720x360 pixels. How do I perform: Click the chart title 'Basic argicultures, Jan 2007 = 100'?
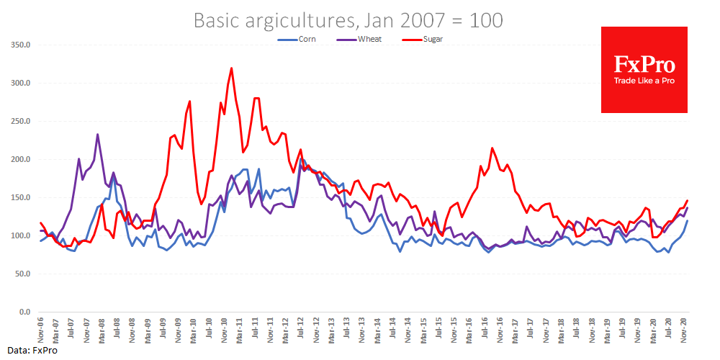tap(348, 21)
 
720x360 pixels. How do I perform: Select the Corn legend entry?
tap(305, 39)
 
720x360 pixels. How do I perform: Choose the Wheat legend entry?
tap(368, 39)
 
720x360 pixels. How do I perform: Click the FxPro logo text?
tap(644, 66)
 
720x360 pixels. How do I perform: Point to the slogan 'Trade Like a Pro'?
tap(644, 81)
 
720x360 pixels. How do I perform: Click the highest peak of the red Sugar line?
tap(231, 68)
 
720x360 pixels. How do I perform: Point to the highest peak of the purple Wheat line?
tap(97, 135)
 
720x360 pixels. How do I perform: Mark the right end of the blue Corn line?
tap(687, 221)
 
